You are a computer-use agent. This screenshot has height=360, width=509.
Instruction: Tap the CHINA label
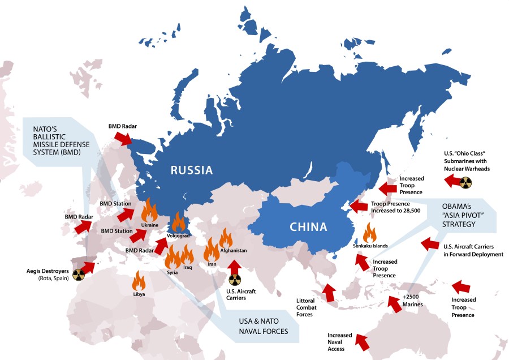click(308, 227)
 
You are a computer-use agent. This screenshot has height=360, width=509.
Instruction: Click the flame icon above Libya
click(139, 281)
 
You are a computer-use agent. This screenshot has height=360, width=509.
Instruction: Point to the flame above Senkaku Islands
click(370, 233)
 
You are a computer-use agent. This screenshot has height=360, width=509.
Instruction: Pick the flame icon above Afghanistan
click(226, 238)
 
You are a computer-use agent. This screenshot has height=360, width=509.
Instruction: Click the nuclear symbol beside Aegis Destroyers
click(77, 275)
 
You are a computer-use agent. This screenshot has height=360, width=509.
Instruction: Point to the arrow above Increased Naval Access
click(360, 341)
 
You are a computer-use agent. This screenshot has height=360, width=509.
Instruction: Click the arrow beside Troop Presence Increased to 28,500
click(358, 207)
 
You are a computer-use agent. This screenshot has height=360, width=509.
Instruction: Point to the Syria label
click(172, 272)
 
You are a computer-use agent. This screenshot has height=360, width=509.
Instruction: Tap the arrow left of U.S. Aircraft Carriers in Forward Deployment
click(429, 244)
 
